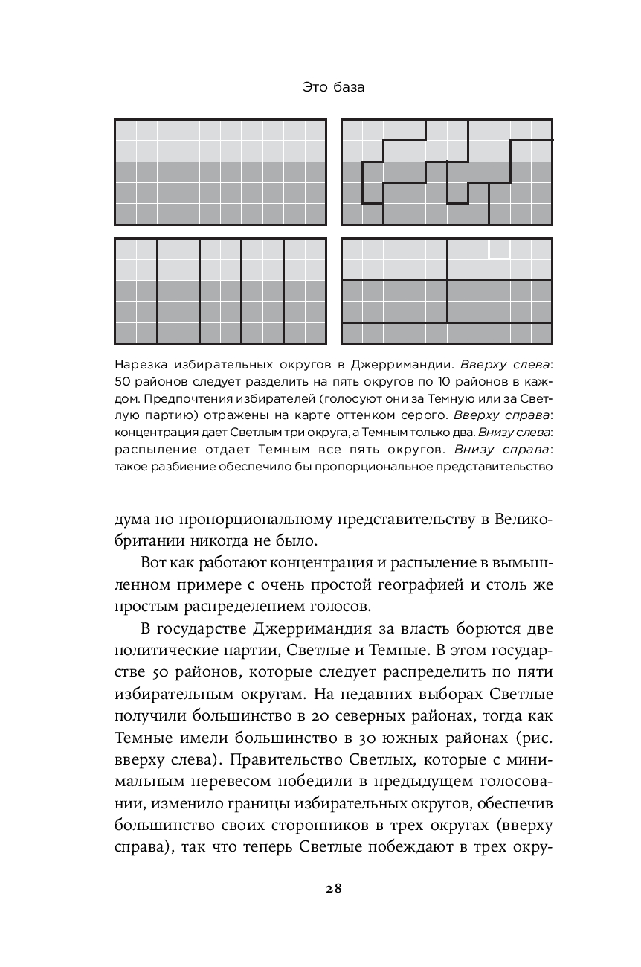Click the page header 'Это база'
(x=334, y=88)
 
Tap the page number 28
(x=333, y=888)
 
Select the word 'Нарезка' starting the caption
(x=139, y=366)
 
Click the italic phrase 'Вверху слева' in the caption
(x=506, y=366)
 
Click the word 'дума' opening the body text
(x=134, y=519)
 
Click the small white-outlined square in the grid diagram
(x=499, y=249)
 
